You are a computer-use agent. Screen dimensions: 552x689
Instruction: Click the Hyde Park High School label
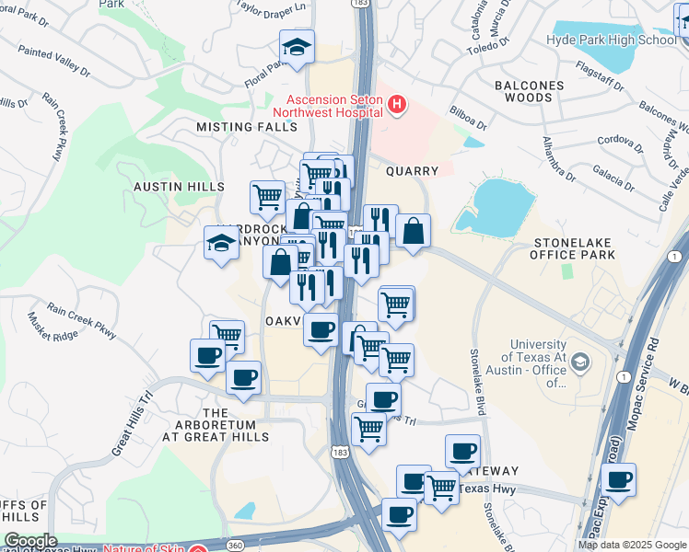tap(612, 40)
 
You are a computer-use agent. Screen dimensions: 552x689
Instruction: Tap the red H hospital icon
tap(397, 106)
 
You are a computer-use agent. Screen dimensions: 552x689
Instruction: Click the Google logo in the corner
tap(30, 541)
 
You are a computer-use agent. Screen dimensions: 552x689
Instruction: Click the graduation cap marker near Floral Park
tap(297, 48)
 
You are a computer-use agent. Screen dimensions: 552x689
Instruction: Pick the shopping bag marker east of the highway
tap(414, 231)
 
